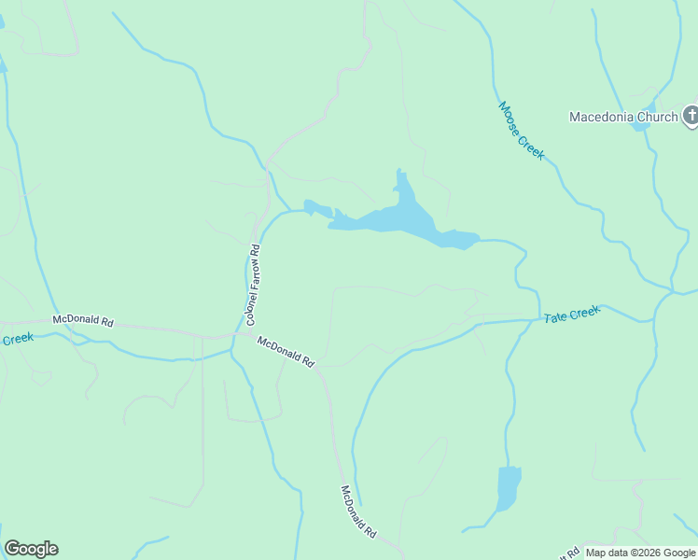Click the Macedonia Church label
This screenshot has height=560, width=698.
click(x=623, y=117)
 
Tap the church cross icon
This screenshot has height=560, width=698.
click(x=691, y=116)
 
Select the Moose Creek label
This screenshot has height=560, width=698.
click(x=521, y=131)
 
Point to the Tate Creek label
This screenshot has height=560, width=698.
click(x=572, y=315)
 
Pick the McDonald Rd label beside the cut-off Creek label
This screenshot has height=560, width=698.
click(x=82, y=320)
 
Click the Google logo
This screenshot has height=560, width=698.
click(x=31, y=549)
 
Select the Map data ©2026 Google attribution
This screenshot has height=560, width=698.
click(x=640, y=553)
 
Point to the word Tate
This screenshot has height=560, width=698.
click(x=557, y=317)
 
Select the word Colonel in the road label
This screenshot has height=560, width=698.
click(x=251, y=305)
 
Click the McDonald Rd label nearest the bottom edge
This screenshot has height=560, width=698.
click(x=358, y=511)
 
